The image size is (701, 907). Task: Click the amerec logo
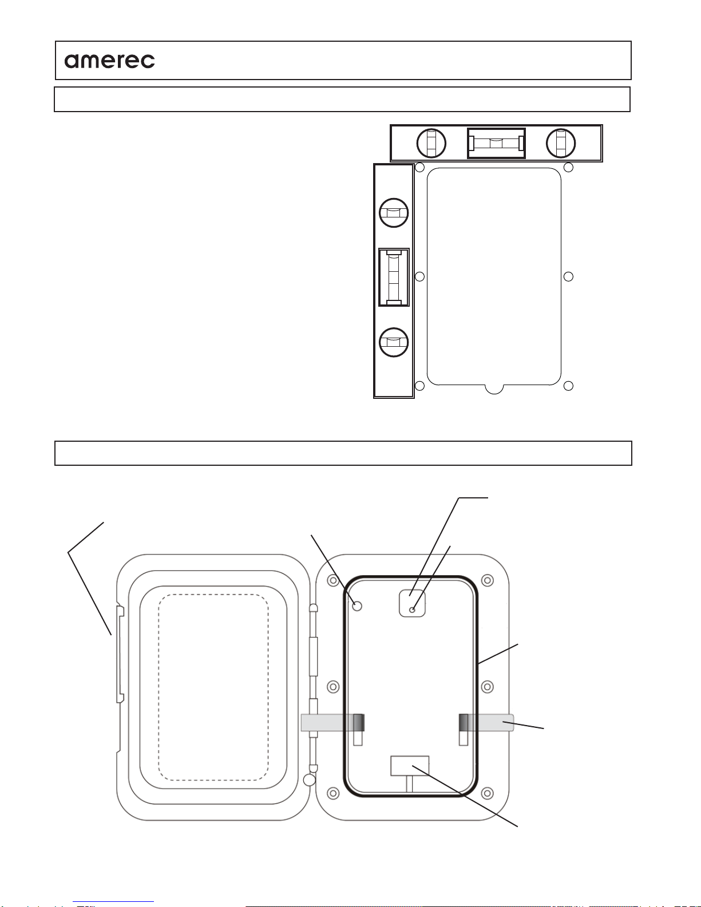pos(109,61)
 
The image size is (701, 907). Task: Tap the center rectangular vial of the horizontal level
pos(496,143)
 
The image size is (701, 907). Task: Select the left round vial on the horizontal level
pos(431,143)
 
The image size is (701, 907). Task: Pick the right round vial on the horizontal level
pos(561,143)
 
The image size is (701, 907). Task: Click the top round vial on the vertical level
pos(394,213)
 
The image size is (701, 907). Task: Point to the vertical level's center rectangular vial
pos(394,277)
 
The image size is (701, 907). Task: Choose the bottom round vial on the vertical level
pos(394,342)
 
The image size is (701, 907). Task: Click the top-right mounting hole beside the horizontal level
pos(568,167)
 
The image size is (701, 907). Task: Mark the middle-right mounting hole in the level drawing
pos(568,276)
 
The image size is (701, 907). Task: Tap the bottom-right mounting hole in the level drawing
pos(568,386)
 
